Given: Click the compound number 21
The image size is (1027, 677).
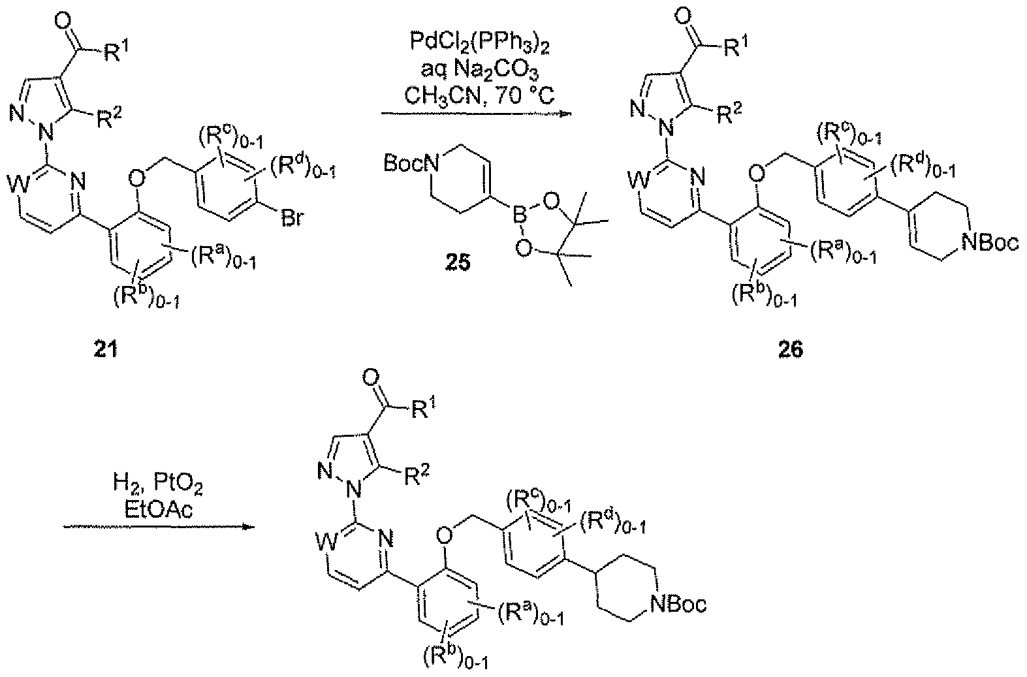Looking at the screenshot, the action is point(106,350).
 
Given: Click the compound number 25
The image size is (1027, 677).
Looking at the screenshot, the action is point(458,264).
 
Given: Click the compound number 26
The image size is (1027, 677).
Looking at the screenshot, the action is point(791,350).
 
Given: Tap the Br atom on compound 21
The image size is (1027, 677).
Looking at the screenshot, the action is point(292,218).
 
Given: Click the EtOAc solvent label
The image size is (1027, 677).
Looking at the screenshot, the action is point(159,510).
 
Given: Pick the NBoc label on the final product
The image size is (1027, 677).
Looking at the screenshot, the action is point(678,605).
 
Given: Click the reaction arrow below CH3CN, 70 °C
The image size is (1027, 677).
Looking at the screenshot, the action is point(477,113).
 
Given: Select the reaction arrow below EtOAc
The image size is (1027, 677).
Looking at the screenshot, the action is point(159,527).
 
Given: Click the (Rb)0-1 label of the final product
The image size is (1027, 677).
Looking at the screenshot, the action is point(455,659).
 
